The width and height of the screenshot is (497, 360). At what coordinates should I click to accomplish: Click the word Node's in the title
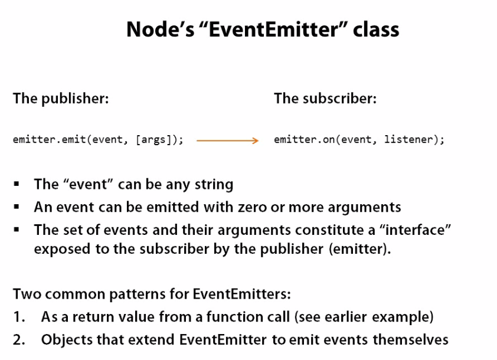click(161, 29)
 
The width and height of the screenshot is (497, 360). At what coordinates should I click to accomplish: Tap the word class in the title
click(376, 29)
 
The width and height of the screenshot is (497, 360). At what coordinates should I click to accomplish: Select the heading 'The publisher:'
click(61, 99)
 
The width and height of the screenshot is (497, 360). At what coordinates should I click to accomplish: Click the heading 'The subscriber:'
click(325, 98)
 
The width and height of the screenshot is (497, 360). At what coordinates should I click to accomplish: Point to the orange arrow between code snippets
click(228, 140)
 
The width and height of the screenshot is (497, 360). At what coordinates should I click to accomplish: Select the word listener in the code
click(408, 139)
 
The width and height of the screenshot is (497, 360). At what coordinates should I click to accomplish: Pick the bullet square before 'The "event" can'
click(17, 184)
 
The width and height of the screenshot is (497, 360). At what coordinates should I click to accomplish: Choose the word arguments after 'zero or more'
click(365, 208)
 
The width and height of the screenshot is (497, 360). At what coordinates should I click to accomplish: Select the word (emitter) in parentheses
click(359, 249)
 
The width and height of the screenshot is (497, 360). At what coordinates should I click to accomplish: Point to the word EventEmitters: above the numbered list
click(241, 294)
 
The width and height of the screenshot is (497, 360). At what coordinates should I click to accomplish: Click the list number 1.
click(19, 317)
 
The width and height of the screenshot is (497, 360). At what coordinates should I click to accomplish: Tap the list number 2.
click(19, 340)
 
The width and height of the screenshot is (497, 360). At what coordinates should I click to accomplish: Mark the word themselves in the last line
click(410, 340)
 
